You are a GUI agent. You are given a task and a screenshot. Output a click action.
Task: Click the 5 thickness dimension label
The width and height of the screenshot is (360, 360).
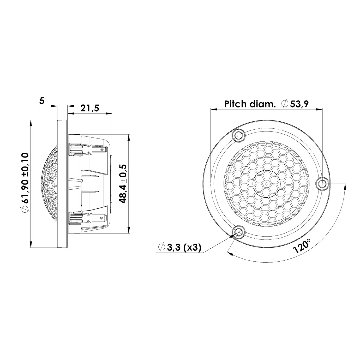42,100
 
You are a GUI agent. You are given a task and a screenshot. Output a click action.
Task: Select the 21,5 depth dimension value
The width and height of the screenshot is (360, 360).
90,108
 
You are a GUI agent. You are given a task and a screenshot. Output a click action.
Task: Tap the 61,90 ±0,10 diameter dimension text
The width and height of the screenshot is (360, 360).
26,183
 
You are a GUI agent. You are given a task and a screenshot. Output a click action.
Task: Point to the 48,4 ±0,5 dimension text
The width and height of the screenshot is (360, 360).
123,183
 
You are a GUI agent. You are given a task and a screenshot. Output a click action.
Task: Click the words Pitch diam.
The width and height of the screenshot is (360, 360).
250,104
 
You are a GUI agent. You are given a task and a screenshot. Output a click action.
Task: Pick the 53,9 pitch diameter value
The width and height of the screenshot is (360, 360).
299,104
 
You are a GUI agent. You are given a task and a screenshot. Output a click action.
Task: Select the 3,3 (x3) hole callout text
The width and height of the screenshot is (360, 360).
184,248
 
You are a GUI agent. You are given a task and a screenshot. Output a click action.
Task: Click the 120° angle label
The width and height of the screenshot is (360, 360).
303,246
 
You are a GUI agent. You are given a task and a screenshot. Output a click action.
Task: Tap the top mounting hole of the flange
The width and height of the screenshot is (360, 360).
239,135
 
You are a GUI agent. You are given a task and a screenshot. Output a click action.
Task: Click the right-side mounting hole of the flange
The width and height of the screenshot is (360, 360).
322,184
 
